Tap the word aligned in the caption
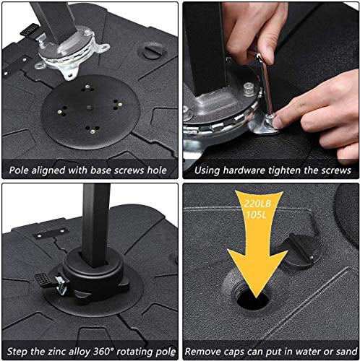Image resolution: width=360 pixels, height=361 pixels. click(x=51, y=171)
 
